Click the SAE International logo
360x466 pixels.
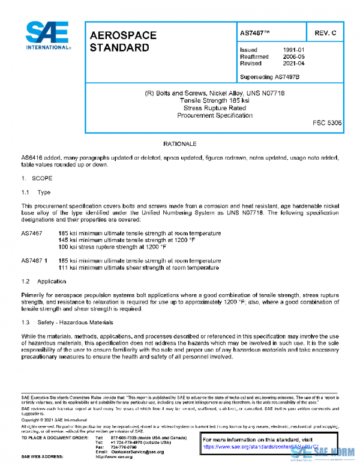pyautogui.click(x=47, y=35)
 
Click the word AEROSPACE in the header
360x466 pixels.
pyautogui.click(x=123, y=35)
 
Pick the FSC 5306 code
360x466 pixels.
pyautogui.click(x=327, y=123)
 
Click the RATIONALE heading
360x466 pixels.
pyautogui.click(x=180, y=145)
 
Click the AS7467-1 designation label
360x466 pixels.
pyautogui.click(x=34, y=261)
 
